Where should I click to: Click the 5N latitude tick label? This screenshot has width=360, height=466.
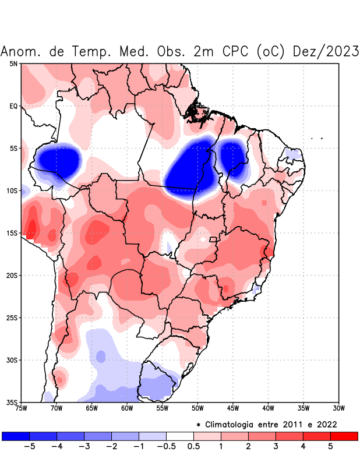[13, 63]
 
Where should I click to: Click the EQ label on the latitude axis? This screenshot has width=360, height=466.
[13, 106]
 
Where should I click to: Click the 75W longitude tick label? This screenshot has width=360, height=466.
[22, 408]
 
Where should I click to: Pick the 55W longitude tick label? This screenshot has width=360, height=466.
[163, 408]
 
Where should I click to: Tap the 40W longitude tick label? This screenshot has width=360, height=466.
[269, 408]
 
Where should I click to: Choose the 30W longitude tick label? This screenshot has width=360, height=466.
[339, 408]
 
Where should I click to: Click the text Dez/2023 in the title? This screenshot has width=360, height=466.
[326, 51]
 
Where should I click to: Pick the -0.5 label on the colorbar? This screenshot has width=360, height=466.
[166, 446]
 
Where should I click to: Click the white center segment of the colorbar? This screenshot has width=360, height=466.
[180, 436]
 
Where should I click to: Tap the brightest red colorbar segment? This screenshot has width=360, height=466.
[344, 436]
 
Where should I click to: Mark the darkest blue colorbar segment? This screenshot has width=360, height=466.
[16, 436]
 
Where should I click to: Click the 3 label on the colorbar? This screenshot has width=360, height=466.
[276, 446]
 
